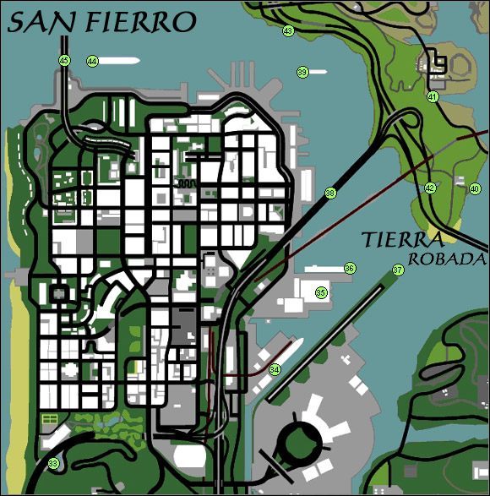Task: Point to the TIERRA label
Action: (x=402, y=240)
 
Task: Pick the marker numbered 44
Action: (x=92, y=61)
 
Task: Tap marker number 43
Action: (x=288, y=31)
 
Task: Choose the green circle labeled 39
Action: (x=302, y=73)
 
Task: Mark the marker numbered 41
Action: (x=433, y=97)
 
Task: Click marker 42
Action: (x=430, y=188)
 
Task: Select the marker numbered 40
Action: (x=475, y=188)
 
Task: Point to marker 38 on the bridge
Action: (x=330, y=193)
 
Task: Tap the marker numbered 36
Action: (x=349, y=268)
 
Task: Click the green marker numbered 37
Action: (x=397, y=270)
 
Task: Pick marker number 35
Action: (x=321, y=292)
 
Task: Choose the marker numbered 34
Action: (x=275, y=369)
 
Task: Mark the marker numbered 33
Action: (x=54, y=463)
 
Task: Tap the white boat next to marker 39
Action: (x=318, y=72)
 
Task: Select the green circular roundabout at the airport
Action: (x=298, y=440)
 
